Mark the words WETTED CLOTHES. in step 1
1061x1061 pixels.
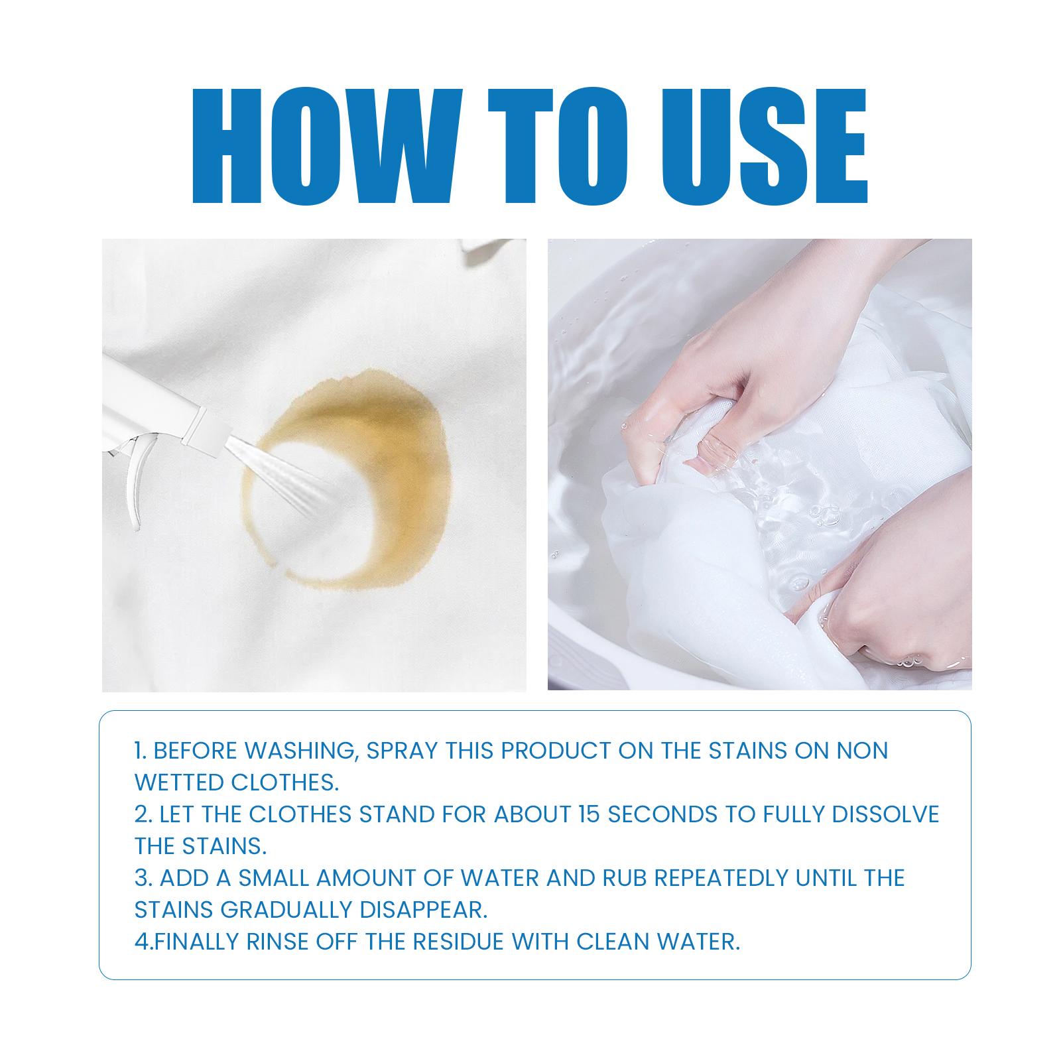(x=237, y=782)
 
